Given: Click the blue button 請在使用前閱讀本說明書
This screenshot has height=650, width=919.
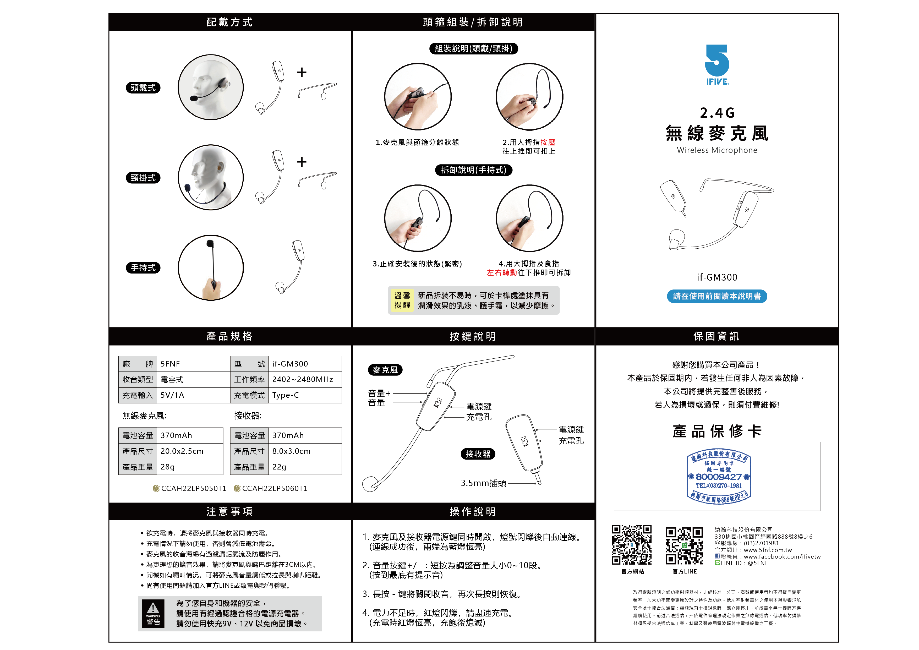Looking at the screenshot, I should pos(716,296).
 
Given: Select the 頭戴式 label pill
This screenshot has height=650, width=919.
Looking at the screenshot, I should pos(143,88).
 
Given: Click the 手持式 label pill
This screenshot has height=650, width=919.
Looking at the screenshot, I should pos(143,268).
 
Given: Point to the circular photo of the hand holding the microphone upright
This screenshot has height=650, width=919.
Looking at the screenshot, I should pos(211,267).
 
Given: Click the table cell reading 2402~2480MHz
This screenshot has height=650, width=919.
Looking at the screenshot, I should pos(303,379).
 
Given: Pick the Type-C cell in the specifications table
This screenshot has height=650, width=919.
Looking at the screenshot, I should pos(286,395).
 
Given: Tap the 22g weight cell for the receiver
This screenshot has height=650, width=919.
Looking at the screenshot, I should pos(279,467).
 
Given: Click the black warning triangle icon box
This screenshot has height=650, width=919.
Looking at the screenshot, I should pos(153,613).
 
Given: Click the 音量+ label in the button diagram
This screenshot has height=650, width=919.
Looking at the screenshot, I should pos(379,394).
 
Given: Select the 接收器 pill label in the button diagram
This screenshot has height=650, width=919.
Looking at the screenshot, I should pos(478,454).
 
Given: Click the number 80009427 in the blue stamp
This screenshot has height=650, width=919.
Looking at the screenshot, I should pos(719,477).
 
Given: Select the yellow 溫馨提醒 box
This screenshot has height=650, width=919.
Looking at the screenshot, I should pos(402,300).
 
